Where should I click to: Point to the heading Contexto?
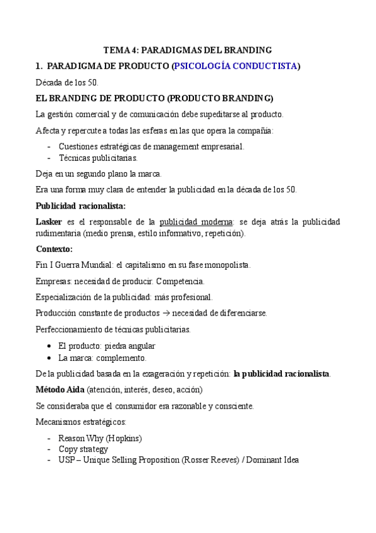(x=54, y=249)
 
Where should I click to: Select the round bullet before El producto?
(x=50, y=346)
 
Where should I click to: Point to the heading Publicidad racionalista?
(x=80, y=206)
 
